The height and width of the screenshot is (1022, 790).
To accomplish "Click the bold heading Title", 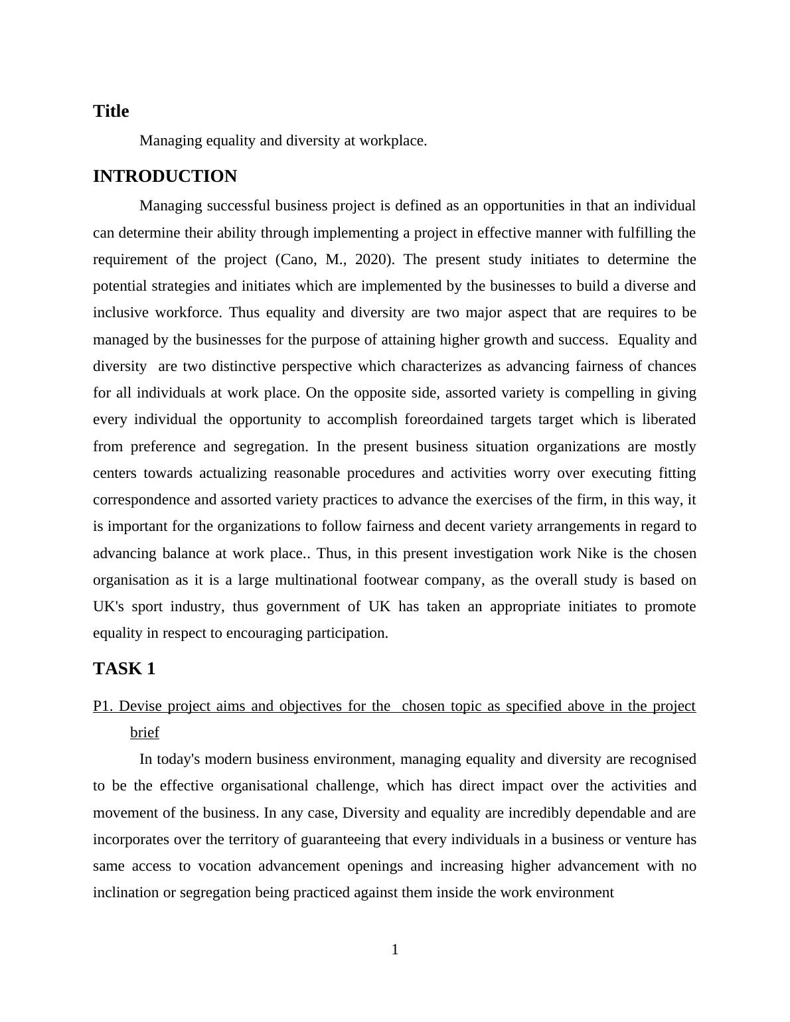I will click(111, 111).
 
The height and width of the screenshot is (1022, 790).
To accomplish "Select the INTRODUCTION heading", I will click(165, 177).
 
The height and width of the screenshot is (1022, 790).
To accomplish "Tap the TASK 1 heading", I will click(124, 669).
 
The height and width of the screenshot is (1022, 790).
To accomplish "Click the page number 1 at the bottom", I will click(395, 950).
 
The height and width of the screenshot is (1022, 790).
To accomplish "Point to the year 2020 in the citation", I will click(370, 259).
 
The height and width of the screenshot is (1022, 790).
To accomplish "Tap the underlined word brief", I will click(145, 733).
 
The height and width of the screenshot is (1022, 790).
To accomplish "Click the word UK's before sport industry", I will click(108, 607).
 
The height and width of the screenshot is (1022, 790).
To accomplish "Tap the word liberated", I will click(665, 419).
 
